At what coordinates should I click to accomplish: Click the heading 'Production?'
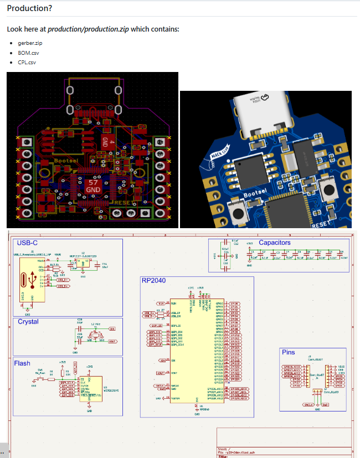point(30,8)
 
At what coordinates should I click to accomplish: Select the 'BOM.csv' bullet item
point(28,53)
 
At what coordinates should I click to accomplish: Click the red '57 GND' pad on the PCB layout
point(92,186)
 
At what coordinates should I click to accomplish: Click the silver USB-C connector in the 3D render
point(264,114)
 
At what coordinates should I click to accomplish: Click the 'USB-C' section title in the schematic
point(27,243)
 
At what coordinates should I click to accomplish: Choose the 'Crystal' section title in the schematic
point(28,321)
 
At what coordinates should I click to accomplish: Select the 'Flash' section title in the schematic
point(22,363)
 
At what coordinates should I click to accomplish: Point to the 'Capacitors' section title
point(274,243)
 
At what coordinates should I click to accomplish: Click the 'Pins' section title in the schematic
point(289,352)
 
